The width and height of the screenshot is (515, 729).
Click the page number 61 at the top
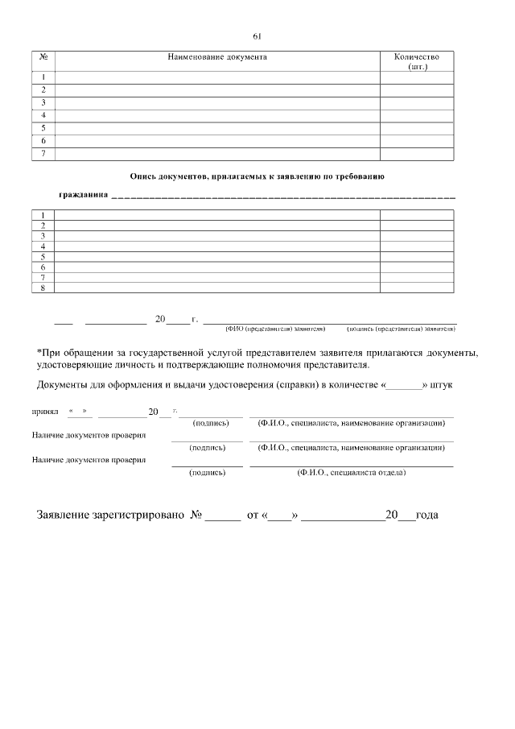point(257,36)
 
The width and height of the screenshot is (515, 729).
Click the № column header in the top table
point(43,57)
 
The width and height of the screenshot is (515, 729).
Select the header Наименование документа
point(217,57)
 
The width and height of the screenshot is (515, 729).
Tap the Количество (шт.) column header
point(417,61)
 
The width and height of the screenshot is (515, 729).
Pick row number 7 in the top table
point(43,153)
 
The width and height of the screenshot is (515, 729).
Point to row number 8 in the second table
point(43,288)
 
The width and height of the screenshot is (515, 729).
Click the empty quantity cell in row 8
point(416,288)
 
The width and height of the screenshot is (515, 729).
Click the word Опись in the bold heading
point(143,175)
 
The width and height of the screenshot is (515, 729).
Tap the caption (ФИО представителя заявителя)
point(275,329)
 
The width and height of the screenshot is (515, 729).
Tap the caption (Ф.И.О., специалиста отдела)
point(351,473)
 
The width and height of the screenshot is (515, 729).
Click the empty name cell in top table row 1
point(217,78)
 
